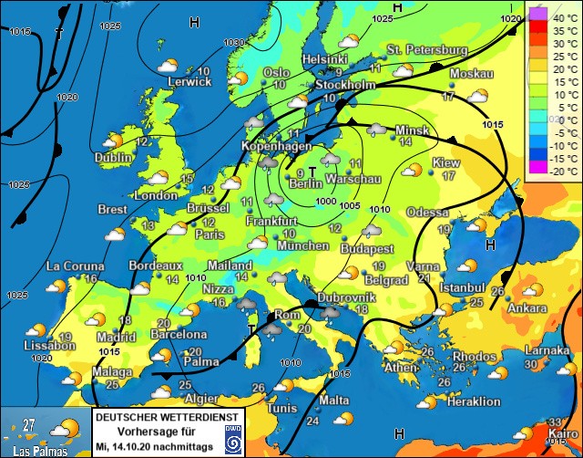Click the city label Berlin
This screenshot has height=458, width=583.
[x=307, y=184]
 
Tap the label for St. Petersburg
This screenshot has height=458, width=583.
[x=427, y=49]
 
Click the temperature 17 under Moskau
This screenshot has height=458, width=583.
[x=448, y=96]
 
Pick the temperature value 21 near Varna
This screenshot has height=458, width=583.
[x=424, y=278]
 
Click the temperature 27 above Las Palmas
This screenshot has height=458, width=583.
[x=29, y=424]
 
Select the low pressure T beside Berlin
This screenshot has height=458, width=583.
[x=312, y=171]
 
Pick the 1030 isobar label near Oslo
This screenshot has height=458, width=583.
[x=234, y=43]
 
